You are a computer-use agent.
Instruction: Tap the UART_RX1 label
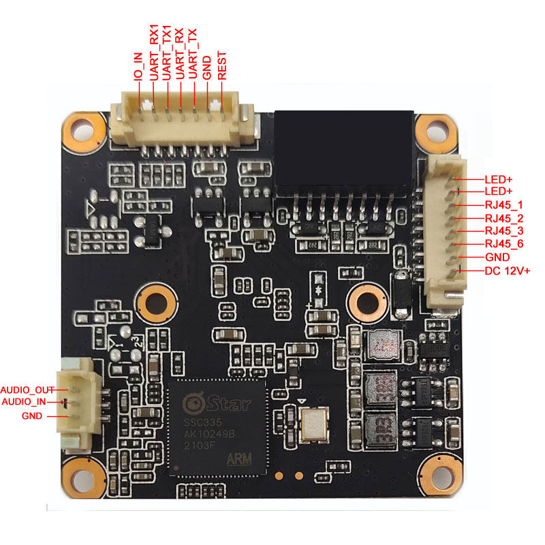click(x=155, y=52)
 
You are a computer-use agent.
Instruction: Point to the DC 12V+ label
click(x=507, y=271)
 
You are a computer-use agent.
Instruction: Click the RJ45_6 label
click(x=504, y=245)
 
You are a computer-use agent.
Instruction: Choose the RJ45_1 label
click(x=504, y=205)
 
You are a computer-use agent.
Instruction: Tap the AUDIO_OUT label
click(x=27, y=389)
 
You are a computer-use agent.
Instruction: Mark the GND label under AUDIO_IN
click(x=31, y=416)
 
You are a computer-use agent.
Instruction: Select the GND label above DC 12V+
click(x=497, y=258)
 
